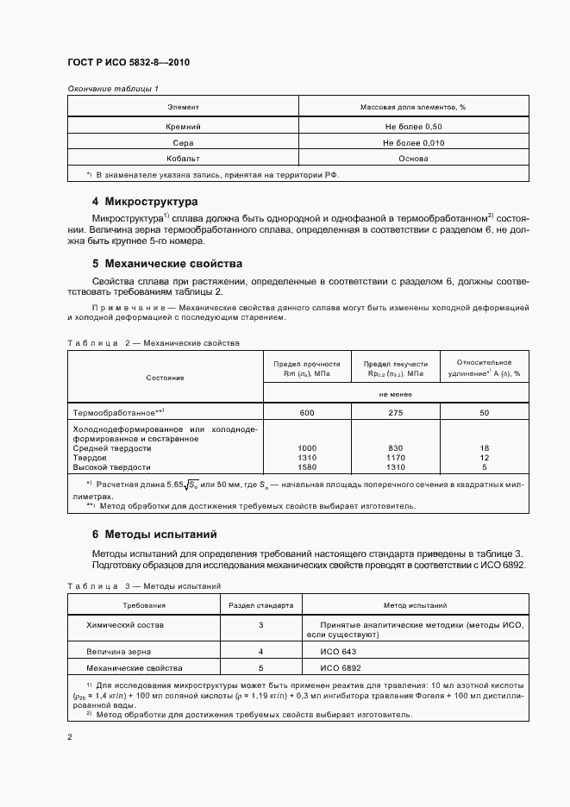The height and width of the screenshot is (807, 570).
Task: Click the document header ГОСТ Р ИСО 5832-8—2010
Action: pyautogui.click(x=128, y=63)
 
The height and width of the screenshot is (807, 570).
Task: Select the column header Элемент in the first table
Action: pyautogui.click(x=182, y=107)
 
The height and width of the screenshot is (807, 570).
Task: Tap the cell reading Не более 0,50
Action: pyautogui.click(x=413, y=126)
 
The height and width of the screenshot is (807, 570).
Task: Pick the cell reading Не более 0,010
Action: pyautogui.click(x=413, y=142)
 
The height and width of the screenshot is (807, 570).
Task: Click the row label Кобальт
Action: pyautogui.click(x=182, y=159)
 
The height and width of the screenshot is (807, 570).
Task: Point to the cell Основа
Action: pyautogui.click(x=413, y=159)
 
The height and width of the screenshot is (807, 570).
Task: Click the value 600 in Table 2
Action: pyautogui.click(x=307, y=413)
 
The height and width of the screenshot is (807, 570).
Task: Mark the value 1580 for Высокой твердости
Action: pyautogui.click(x=307, y=467)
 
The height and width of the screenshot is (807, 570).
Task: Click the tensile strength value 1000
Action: pyautogui.click(x=307, y=448)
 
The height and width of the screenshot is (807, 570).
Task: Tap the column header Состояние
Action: pyautogui.click(x=165, y=378)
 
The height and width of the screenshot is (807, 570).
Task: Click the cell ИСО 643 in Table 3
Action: pyautogui.click(x=337, y=652)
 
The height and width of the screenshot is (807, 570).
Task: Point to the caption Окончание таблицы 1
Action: pyautogui.click(x=112, y=88)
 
